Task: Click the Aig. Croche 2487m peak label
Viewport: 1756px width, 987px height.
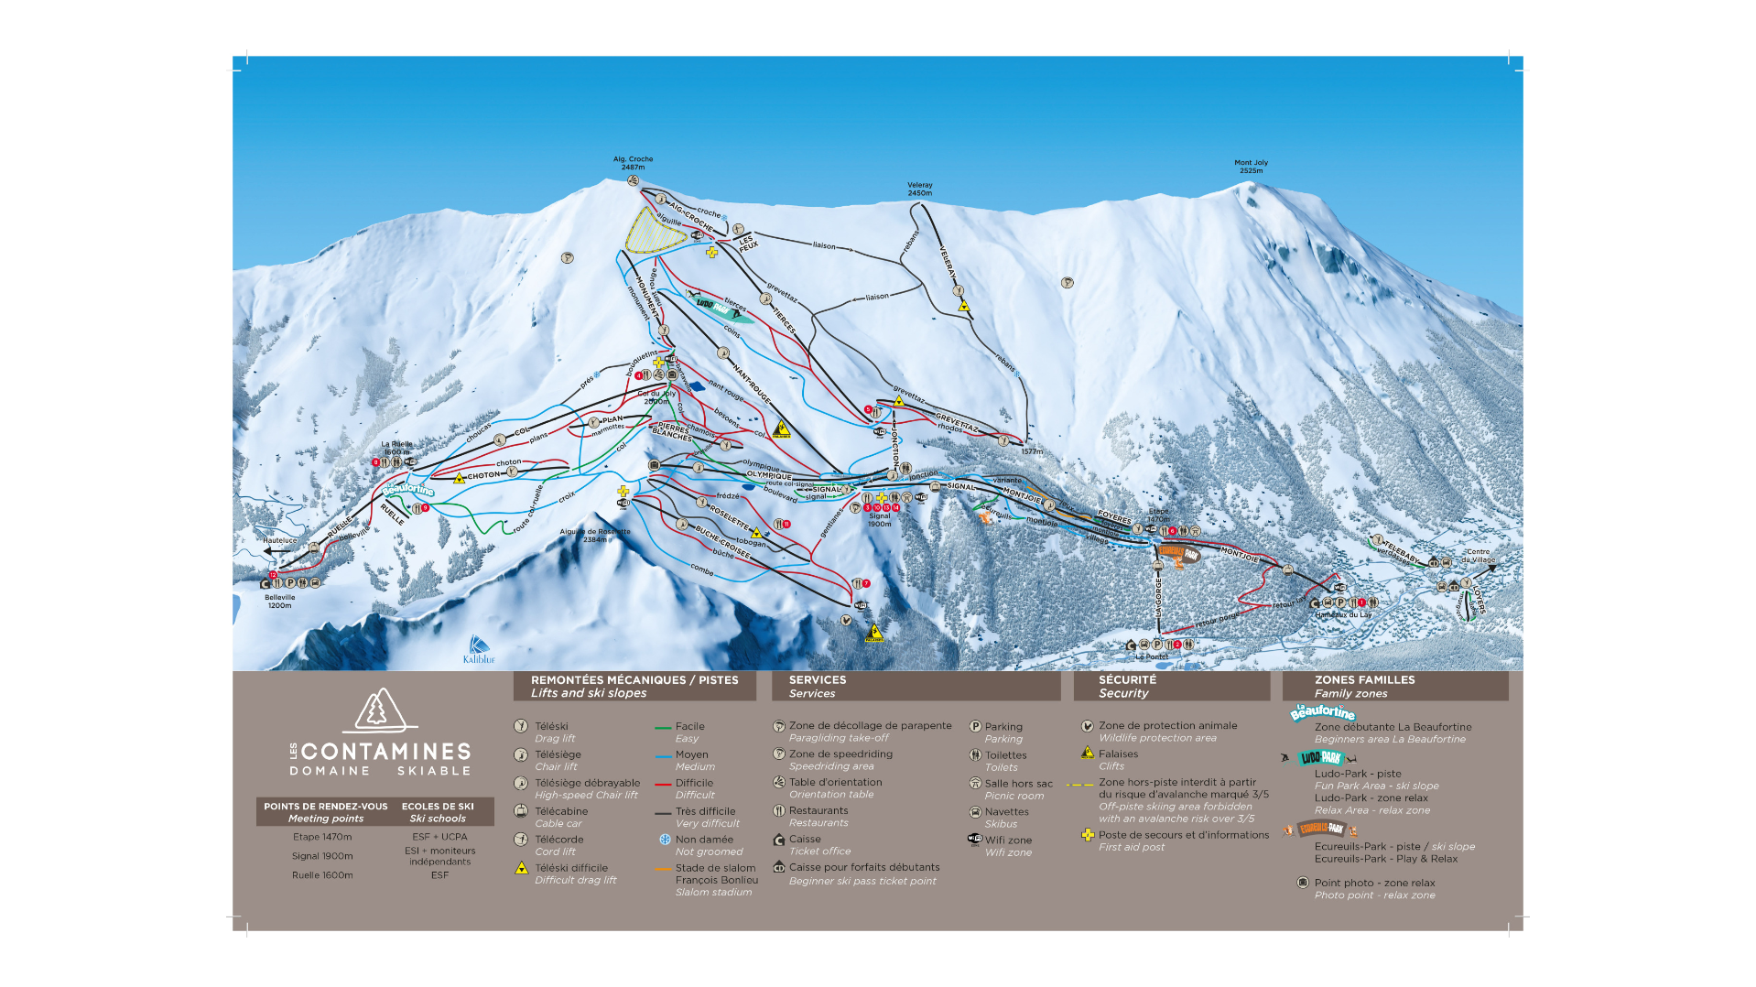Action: tap(633, 163)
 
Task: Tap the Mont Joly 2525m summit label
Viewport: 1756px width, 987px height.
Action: tap(1251, 167)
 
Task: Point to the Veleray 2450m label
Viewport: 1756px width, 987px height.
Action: tap(919, 189)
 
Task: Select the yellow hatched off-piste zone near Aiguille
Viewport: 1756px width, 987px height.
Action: tap(654, 231)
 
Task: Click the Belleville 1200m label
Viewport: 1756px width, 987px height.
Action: tap(280, 601)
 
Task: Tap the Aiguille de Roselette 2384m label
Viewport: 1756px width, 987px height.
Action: tap(595, 536)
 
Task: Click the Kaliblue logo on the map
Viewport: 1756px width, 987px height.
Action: tap(478, 650)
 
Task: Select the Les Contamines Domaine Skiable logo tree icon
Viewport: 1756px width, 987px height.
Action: tap(380, 710)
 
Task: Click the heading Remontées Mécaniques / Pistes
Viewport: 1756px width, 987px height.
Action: tap(634, 680)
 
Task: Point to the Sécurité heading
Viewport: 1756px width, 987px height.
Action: tap(1127, 680)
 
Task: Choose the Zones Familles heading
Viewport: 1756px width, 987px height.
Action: tap(1364, 680)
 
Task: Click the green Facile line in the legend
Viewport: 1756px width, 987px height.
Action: tap(663, 728)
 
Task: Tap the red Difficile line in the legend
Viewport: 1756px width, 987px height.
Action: tap(663, 785)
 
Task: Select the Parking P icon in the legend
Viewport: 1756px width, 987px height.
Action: tap(975, 727)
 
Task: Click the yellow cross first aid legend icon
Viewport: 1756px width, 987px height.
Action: tap(1087, 835)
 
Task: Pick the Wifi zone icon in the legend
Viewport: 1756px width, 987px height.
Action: tap(975, 840)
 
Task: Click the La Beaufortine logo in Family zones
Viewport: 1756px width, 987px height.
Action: tap(1322, 711)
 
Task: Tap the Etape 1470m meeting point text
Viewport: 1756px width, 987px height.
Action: tap(322, 837)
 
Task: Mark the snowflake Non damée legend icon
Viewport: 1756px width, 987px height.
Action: tap(665, 840)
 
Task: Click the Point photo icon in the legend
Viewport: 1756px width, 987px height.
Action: tap(1302, 883)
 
